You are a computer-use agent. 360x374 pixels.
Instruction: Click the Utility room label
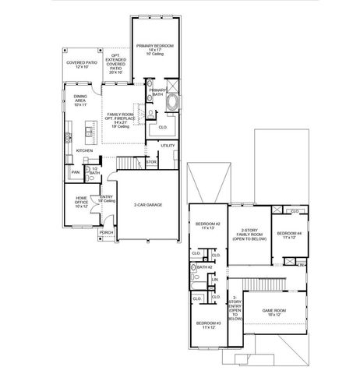click(168, 145)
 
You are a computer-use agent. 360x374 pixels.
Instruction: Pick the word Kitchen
click(84, 150)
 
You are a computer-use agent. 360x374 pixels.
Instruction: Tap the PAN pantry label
click(76, 172)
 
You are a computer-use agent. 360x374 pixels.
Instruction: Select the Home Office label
click(82, 203)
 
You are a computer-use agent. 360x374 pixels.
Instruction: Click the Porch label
click(107, 232)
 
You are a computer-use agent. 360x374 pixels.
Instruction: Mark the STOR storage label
click(151, 163)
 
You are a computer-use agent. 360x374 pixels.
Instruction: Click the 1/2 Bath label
click(94, 171)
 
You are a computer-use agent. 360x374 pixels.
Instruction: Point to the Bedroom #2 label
click(208, 226)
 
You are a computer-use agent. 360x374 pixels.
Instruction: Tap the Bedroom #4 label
click(288, 234)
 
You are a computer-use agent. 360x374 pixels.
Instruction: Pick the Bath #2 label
click(205, 267)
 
